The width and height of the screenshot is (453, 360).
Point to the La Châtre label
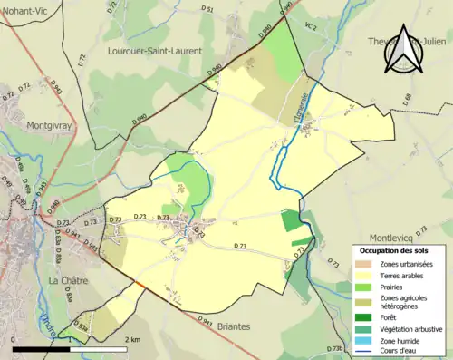[x=67, y=281]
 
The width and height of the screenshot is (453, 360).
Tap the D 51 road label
[x=207, y=9]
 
